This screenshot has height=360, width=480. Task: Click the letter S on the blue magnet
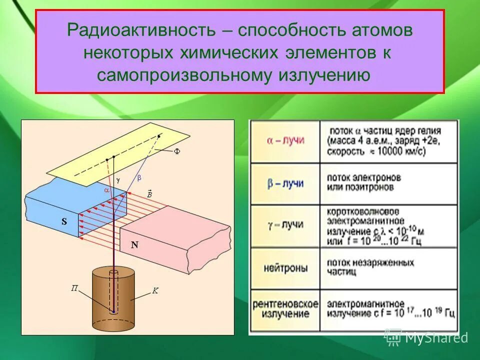tap(64, 222)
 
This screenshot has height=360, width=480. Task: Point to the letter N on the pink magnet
tap(134, 245)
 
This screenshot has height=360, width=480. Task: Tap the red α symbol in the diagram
tap(106, 190)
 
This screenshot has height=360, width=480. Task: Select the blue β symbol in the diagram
tap(139, 177)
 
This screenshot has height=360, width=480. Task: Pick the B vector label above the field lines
tap(149, 193)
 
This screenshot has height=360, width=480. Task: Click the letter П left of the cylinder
tap(74, 288)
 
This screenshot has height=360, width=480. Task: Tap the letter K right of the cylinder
tap(155, 290)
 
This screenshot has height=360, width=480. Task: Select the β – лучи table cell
tap(285, 183)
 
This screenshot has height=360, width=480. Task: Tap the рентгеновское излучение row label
tap(285, 308)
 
